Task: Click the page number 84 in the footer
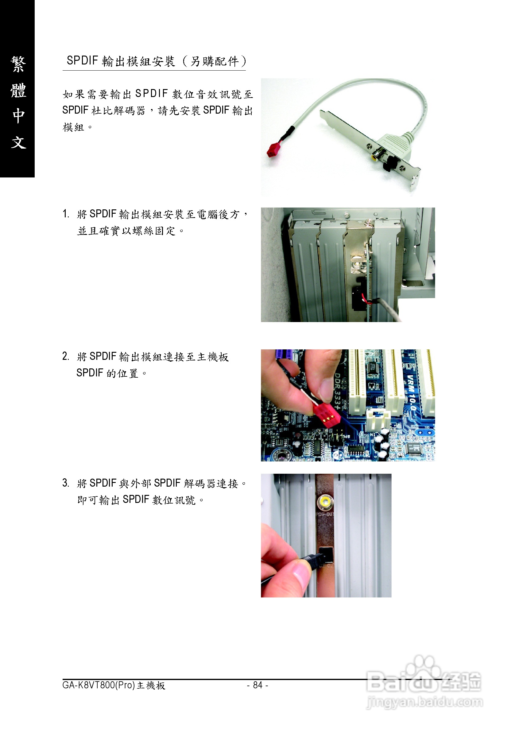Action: pos(257,685)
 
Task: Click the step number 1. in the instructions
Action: pos(66,214)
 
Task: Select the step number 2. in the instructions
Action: pos(66,356)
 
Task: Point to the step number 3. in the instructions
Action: pos(66,483)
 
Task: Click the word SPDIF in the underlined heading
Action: pos(83,60)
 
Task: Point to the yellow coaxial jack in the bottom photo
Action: pos(325,502)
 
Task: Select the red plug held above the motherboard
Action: pos(327,414)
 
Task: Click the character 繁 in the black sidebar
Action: pos(18,64)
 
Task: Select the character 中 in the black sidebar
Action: pos(18,115)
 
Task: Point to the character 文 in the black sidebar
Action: pos(18,142)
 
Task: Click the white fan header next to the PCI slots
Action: pos(378,420)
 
